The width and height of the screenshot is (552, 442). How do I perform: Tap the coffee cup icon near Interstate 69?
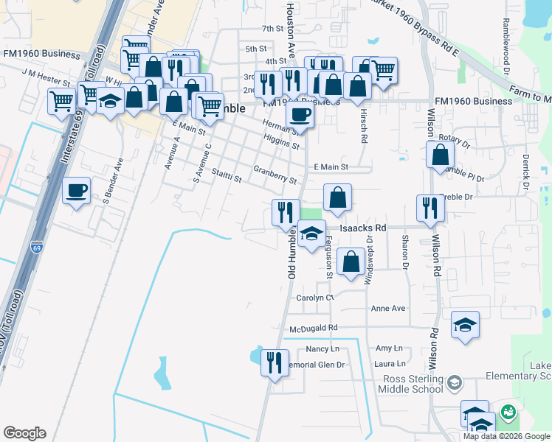coord(77,191)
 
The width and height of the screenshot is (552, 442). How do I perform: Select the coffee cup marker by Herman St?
coord(300,114)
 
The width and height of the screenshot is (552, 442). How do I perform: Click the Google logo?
coord(24,433)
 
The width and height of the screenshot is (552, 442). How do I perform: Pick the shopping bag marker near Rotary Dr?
coord(440,155)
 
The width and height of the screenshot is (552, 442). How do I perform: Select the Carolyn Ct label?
coord(315,298)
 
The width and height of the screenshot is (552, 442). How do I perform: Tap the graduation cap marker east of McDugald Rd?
coord(465,324)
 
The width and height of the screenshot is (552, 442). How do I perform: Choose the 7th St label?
coord(272,29)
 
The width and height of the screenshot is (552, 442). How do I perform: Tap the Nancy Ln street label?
coord(321,348)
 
